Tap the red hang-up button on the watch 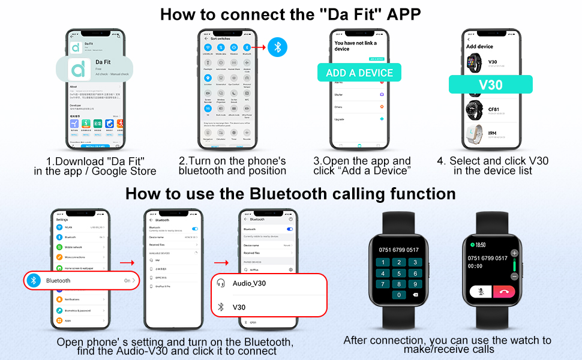click(503, 291)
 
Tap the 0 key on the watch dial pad click(398, 295)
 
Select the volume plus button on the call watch click(514, 253)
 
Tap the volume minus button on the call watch click(514, 276)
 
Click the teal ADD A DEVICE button click(359, 73)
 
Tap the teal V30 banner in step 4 click(490, 84)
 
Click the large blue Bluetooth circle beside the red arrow click(277, 46)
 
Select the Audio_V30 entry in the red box click(249, 283)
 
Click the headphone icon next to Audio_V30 click(221, 283)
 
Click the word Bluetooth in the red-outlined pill click(58, 280)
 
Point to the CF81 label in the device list click(494, 109)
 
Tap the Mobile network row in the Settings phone click(73, 247)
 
